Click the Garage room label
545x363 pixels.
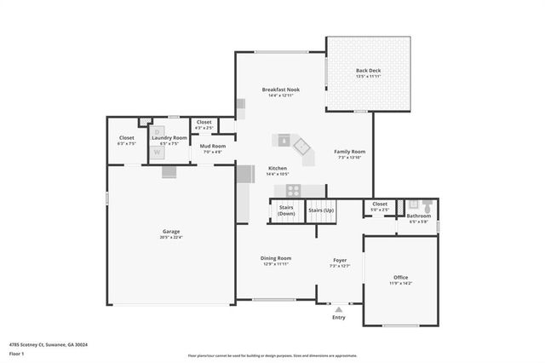(x=171, y=231)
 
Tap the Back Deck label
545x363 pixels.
(x=368, y=70)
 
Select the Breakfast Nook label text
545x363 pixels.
(x=280, y=89)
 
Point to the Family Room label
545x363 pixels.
(x=349, y=151)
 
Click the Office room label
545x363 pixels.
(x=400, y=278)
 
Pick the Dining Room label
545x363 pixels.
(x=277, y=257)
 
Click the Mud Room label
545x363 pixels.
(x=212, y=146)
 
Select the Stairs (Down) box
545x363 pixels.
(x=286, y=210)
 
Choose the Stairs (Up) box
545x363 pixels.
(x=321, y=210)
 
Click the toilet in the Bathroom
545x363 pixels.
(x=426, y=205)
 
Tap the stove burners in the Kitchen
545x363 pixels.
(x=293, y=190)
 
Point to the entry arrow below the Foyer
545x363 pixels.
(x=339, y=308)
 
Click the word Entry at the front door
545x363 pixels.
(x=339, y=318)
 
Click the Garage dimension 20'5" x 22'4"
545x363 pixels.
(x=171, y=237)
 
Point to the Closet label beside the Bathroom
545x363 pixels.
(x=380, y=204)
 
